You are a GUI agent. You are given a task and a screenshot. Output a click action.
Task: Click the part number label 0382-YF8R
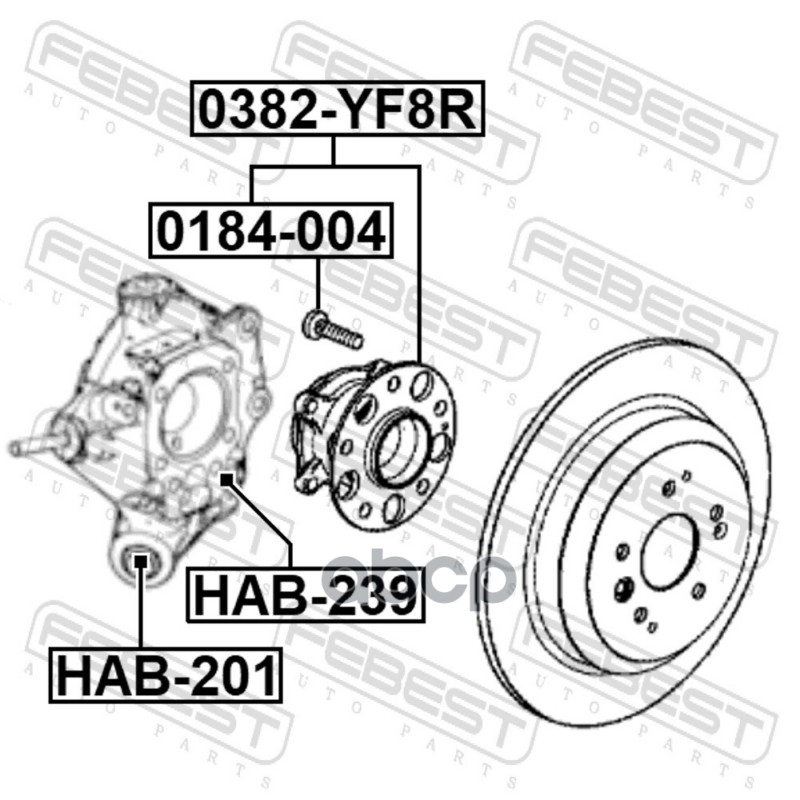(x=337, y=108)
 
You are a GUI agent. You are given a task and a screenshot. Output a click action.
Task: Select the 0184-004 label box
(x=271, y=230)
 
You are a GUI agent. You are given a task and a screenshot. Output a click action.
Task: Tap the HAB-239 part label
(x=305, y=595)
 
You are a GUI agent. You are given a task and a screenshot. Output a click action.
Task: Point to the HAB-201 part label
(x=165, y=676)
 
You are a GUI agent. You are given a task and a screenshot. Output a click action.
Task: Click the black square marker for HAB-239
(x=226, y=480)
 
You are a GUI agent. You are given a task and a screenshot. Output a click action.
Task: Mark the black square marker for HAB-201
(x=139, y=561)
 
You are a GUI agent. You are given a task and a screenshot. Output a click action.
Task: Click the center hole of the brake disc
(x=669, y=554)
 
